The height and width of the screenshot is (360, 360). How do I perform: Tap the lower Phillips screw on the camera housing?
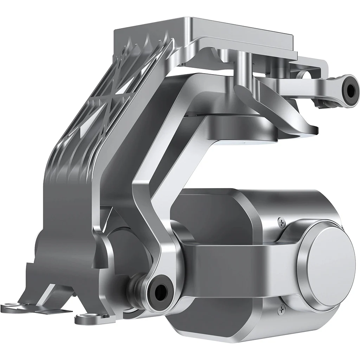tap(281, 309)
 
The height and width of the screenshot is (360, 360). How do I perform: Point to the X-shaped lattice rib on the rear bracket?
tap(102, 105)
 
